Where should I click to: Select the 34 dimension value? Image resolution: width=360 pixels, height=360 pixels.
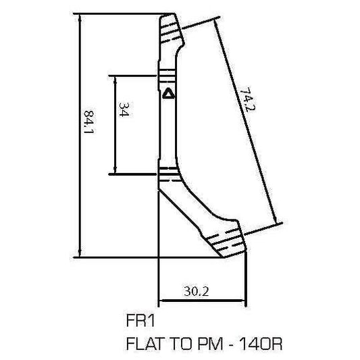tap(124, 110)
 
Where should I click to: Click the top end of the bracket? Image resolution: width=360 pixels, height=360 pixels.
tap(170, 24)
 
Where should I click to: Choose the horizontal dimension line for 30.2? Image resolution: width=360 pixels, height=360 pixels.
tap(201, 300)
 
